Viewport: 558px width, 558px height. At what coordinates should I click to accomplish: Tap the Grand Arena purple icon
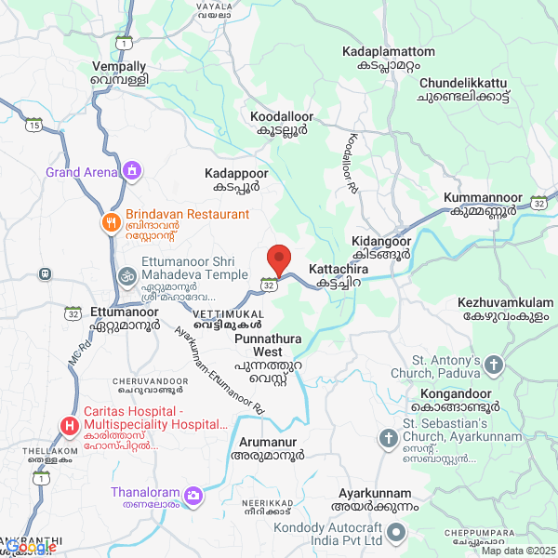[133, 170]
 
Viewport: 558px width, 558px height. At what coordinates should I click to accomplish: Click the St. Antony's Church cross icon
[493, 364]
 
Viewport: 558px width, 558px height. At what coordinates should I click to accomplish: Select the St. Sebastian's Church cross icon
[388, 437]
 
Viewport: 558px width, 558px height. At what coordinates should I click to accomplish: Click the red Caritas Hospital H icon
[69, 426]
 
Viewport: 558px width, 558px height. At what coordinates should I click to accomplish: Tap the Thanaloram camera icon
[193, 493]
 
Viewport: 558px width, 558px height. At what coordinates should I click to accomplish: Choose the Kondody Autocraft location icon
[396, 533]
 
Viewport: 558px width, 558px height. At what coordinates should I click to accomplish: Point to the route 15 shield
[34, 125]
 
